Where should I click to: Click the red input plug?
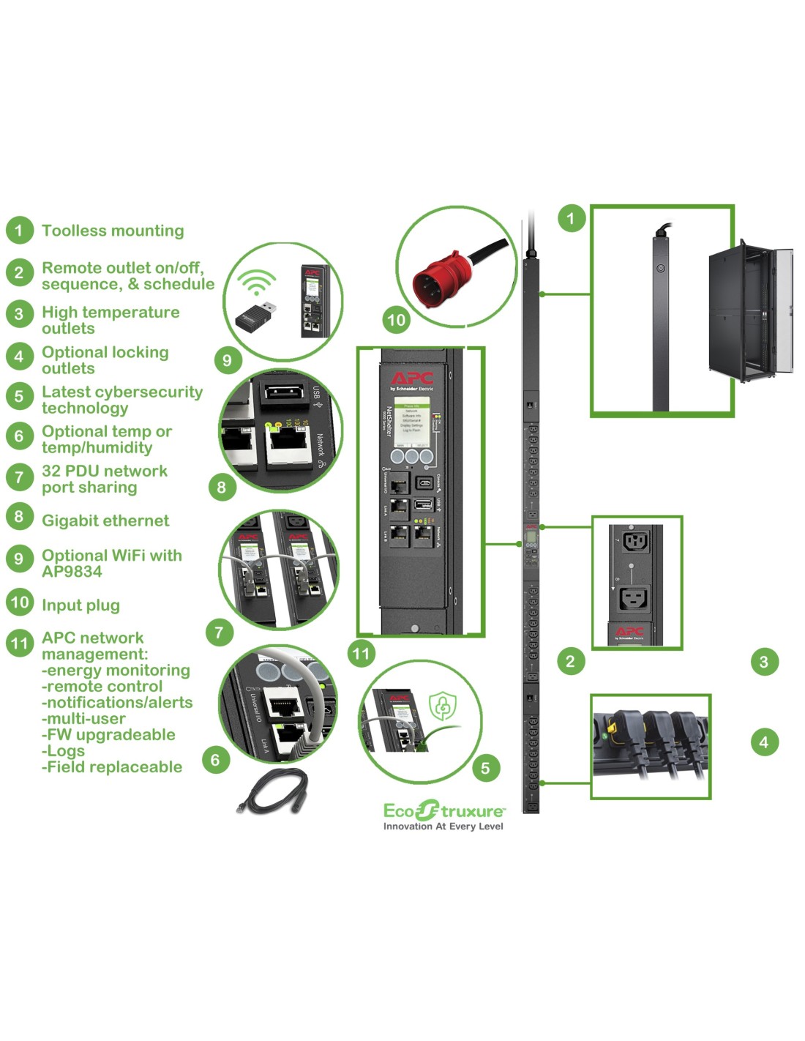(438, 279)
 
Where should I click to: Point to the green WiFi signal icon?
(259, 282)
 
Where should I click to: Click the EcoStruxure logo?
(443, 810)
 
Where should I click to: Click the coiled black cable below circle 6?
(270, 794)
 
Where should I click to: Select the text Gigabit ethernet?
(105, 520)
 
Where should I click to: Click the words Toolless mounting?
(113, 231)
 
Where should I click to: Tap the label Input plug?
(80, 605)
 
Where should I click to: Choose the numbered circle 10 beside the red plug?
(396, 320)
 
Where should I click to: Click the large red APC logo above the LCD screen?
(411, 378)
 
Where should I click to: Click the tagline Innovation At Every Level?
(443, 827)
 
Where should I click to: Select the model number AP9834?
(72, 572)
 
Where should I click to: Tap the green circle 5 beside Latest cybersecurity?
(20, 396)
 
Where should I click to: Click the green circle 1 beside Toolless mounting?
(20, 231)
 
